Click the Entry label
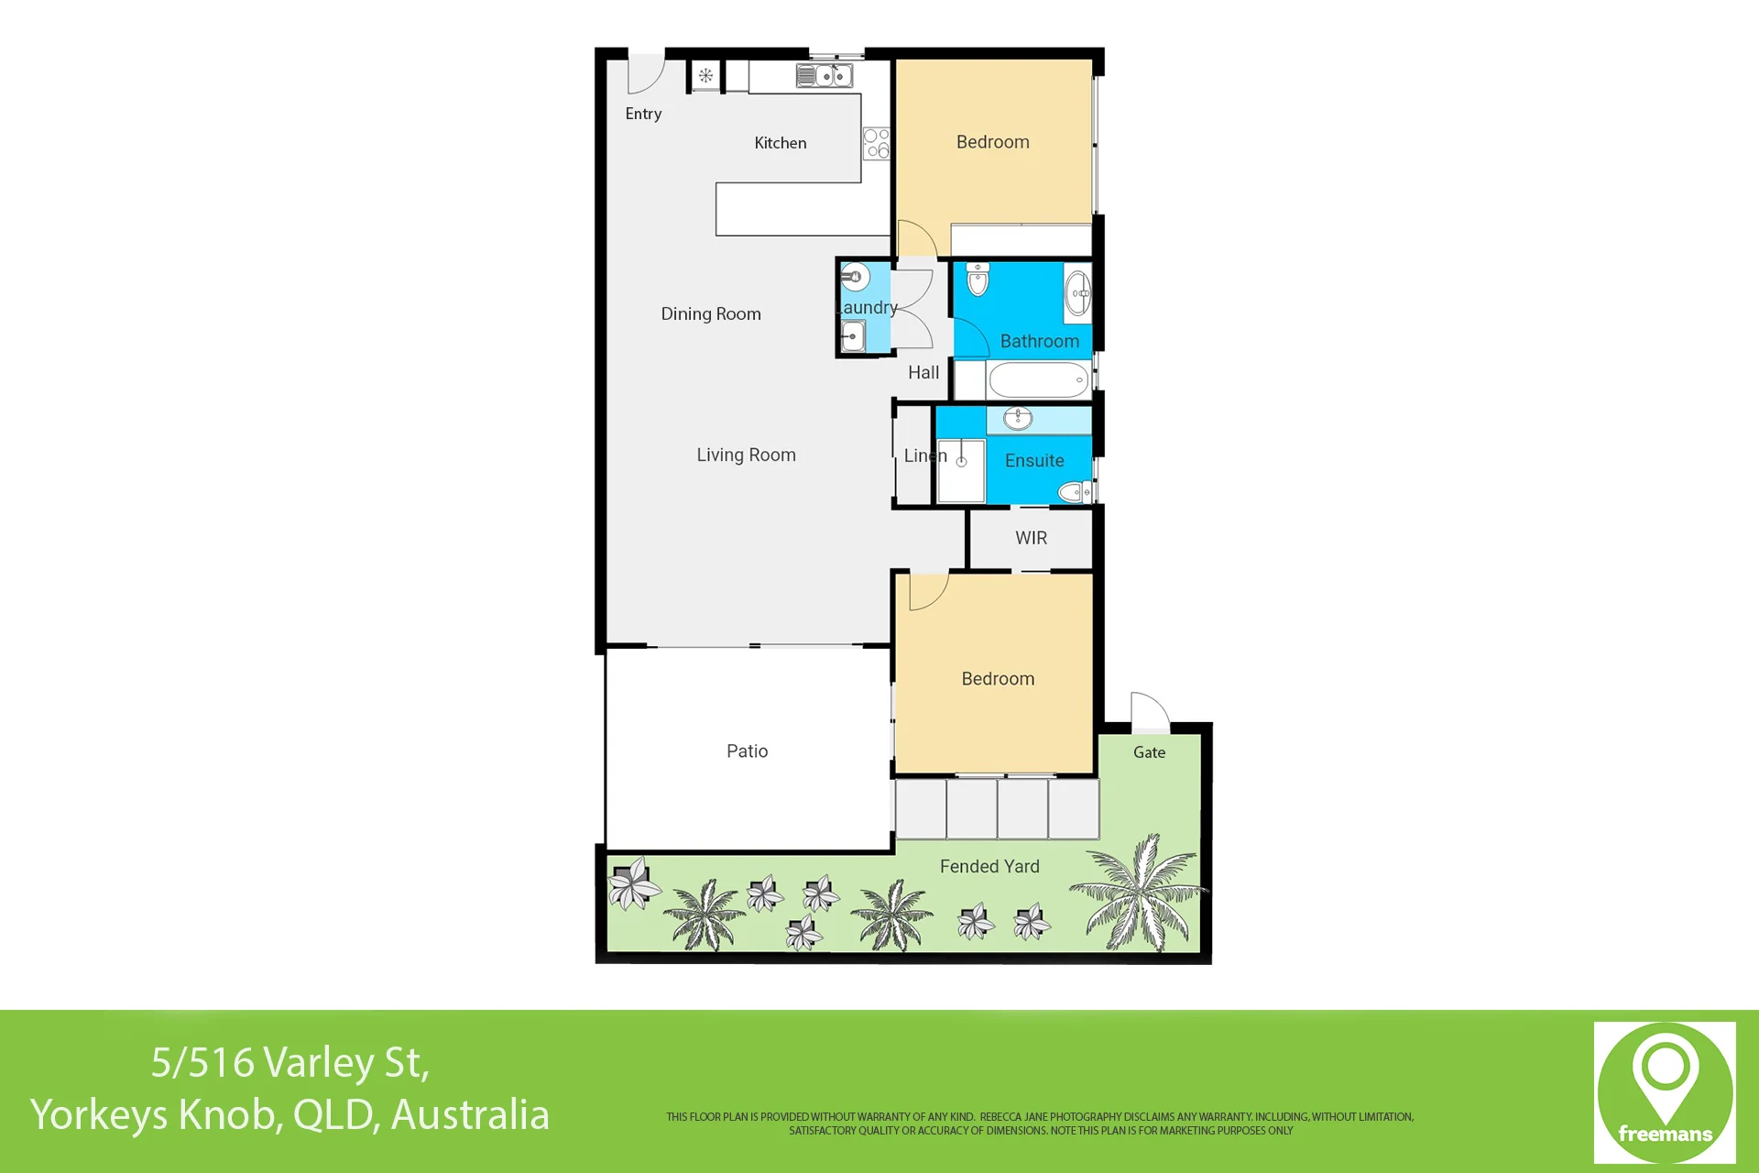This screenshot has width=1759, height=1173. (643, 114)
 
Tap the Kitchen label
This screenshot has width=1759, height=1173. (781, 143)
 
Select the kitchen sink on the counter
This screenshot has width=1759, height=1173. (825, 75)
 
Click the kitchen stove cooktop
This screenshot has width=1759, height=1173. (877, 143)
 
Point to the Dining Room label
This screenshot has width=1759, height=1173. (711, 313)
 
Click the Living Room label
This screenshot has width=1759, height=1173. (746, 455)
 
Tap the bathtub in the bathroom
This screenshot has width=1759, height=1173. (1039, 379)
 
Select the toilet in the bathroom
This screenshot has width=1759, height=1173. (978, 279)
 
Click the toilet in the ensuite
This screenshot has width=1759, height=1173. (1075, 492)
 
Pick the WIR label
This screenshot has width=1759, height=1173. (1031, 538)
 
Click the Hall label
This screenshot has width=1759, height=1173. (923, 372)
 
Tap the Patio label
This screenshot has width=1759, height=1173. (748, 751)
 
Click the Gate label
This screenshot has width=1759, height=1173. (1149, 752)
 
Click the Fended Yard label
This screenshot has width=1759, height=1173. (989, 866)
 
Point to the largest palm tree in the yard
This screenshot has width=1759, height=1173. (1138, 892)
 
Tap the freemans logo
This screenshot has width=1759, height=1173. (1665, 1092)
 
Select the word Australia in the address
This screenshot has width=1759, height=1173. (470, 1114)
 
